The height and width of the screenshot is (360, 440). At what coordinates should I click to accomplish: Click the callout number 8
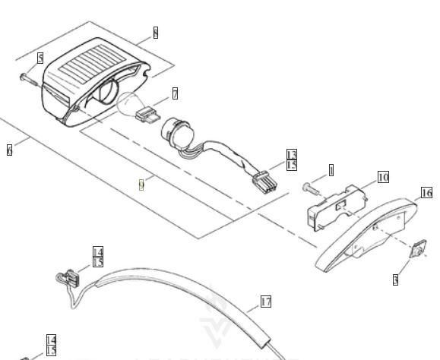click(155, 33)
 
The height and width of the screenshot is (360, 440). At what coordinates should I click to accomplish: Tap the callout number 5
click(40, 58)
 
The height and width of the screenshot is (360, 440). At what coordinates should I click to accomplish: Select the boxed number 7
click(175, 93)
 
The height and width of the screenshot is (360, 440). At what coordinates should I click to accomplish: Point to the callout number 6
click(9, 150)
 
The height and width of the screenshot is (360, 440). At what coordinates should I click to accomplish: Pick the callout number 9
click(141, 184)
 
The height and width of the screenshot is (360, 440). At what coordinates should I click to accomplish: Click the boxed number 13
click(292, 155)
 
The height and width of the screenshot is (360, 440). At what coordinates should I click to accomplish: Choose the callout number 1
click(331, 170)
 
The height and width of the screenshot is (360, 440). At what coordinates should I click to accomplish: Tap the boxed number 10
click(383, 177)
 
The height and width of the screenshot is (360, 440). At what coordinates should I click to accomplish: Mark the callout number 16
click(426, 193)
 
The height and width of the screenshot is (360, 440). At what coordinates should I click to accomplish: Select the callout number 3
click(395, 280)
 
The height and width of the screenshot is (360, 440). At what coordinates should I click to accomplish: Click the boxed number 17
click(265, 302)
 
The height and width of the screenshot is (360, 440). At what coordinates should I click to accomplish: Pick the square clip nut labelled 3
click(417, 250)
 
